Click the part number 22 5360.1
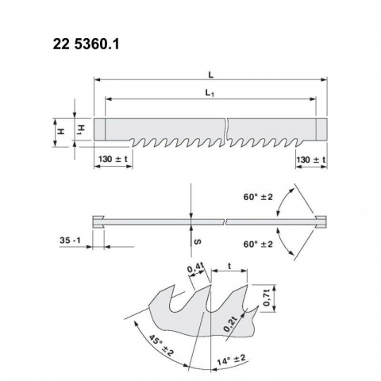click(x=86, y=44)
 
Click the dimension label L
click(x=210, y=75)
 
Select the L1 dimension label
click(x=210, y=93)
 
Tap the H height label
click(x=61, y=131)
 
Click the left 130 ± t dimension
click(x=113, y=160)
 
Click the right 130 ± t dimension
click(x=311, y=160)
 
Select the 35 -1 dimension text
click(x=70, y=241)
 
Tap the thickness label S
click(x=198, y=241)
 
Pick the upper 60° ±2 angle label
click(x=258, y=197)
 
